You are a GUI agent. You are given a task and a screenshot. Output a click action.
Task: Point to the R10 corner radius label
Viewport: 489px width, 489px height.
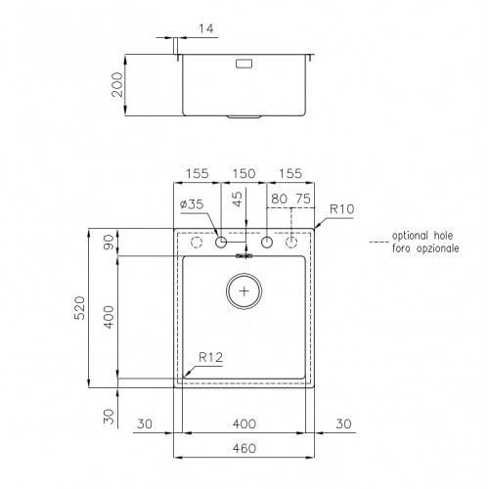point(341,208)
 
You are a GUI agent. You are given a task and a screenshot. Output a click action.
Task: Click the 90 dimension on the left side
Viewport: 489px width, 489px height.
point(109,243)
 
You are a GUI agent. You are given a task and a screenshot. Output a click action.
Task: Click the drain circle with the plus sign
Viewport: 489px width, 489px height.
point(244,290)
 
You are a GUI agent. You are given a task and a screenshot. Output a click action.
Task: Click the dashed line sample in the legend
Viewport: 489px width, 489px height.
point(378,238)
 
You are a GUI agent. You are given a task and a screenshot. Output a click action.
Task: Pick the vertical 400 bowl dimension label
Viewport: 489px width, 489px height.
point(109,316)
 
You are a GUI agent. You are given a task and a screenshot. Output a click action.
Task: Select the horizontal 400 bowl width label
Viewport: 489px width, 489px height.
point(244,423)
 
